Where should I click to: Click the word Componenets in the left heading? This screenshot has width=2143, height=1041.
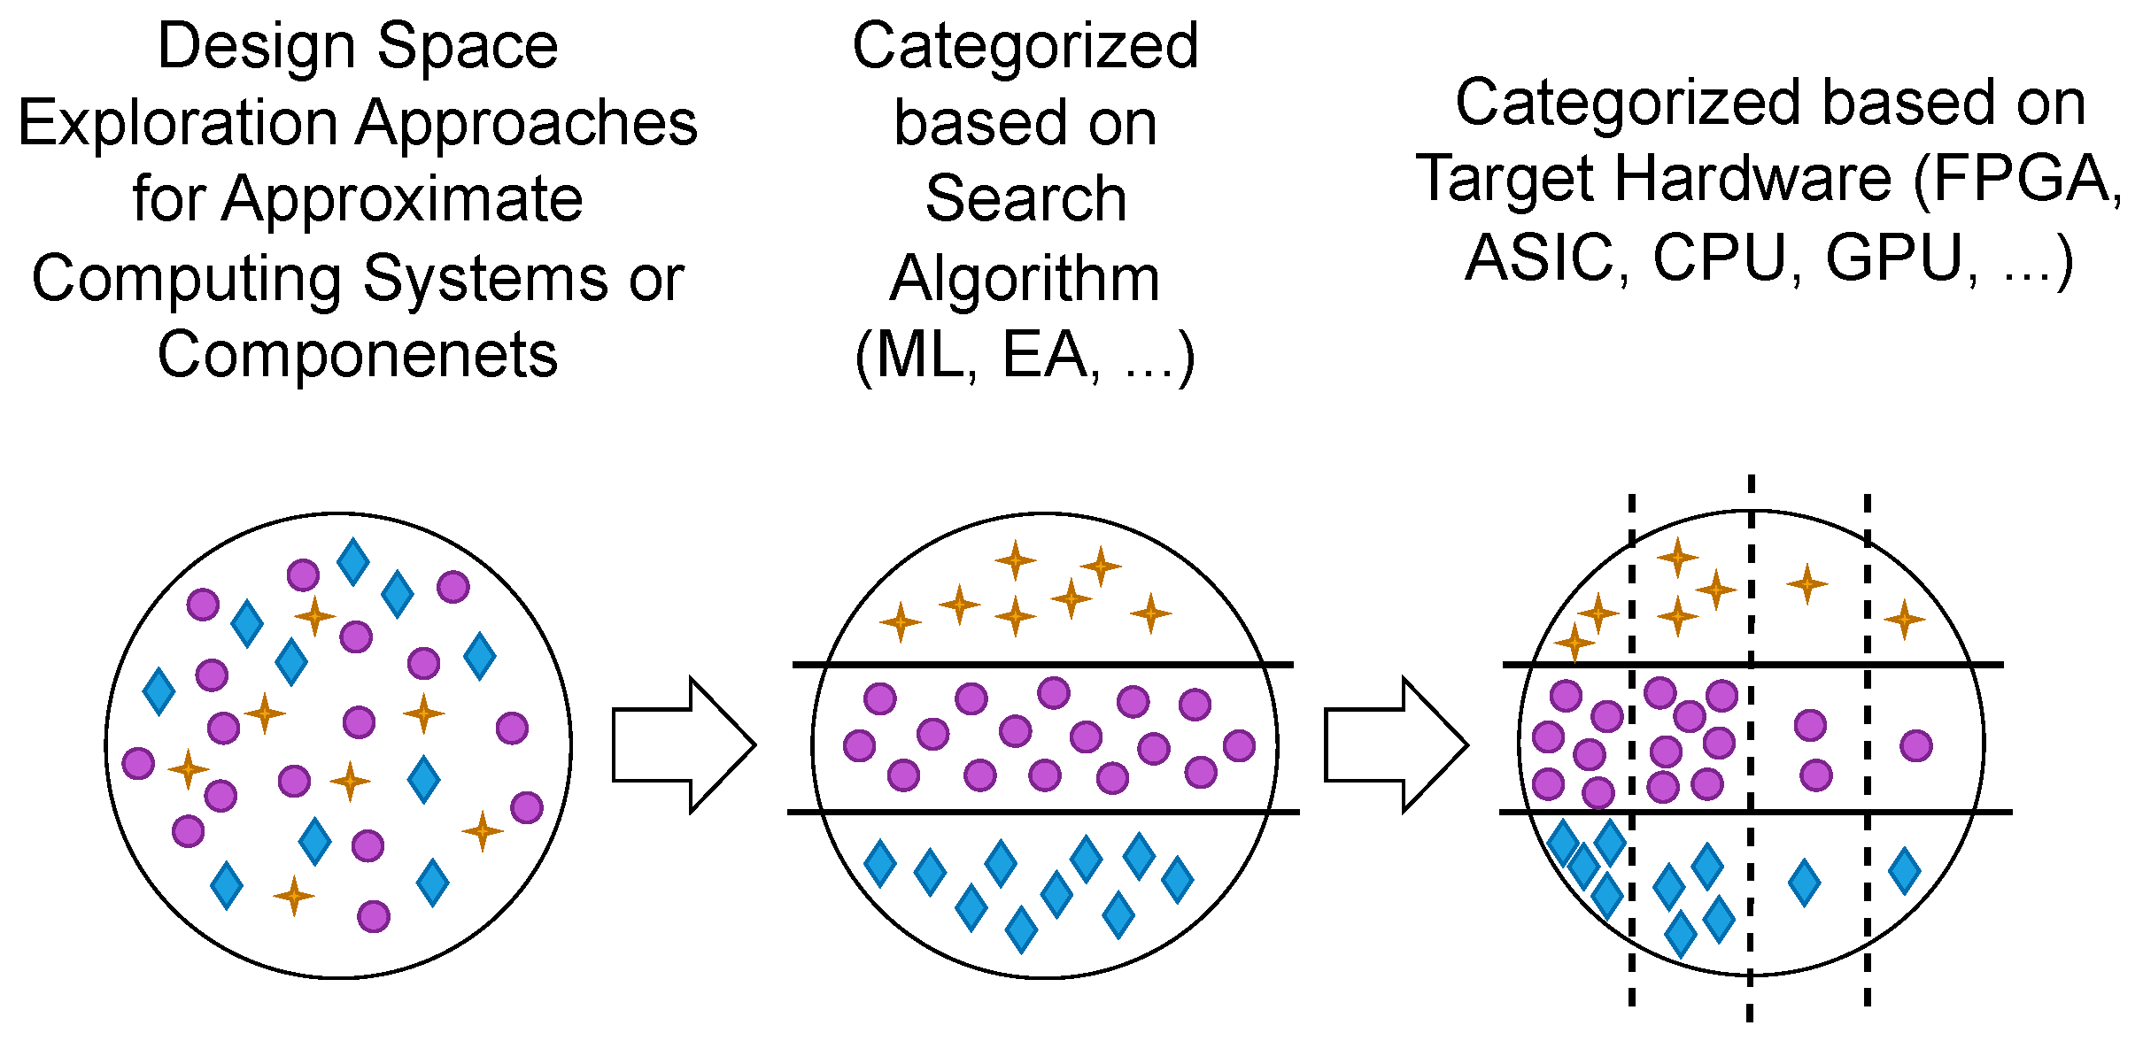pyautogui.click(x=358, y=355)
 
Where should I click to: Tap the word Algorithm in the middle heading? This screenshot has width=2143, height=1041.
pyautogui.click(x=1025, y=279)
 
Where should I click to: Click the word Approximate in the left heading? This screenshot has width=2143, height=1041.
pyautogui.click(x=402, y=199)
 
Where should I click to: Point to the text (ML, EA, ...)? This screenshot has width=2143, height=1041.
pyautogui.click(x=1025, y=357)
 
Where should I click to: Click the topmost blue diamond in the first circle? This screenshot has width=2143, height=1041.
pyautogui.click(x=353, y=561)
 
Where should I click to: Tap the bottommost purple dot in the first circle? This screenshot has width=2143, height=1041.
pyautogui.click(x=374, y=916)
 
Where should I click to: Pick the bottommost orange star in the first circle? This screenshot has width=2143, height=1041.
pyautogui.click(x=294, y=896)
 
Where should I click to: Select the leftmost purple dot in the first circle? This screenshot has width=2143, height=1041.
pyautogui.click(x=138, y=762)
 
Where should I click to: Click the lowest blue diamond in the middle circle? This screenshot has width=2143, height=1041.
pyautogui.click(x=1021, y=929)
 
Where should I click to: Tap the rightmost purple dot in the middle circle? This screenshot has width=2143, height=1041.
pyautogui.click(x=1239, y=745)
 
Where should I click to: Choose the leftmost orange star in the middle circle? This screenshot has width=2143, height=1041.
pyautogui.click(x=901, y=622)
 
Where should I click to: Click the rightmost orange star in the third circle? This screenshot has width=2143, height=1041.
pyautogui.click(x=1904, y=619)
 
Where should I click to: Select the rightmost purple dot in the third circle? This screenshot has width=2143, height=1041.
pyautogui.click(x=1915, y=745)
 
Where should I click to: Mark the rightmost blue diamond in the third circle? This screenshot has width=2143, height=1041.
pyautogui.click(x=1904, y=870)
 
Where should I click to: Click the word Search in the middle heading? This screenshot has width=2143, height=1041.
pyautogui.click(x=1025, y=199)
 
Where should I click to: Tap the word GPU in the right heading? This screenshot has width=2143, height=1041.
pyautogui.click(x=1893, y=258)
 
